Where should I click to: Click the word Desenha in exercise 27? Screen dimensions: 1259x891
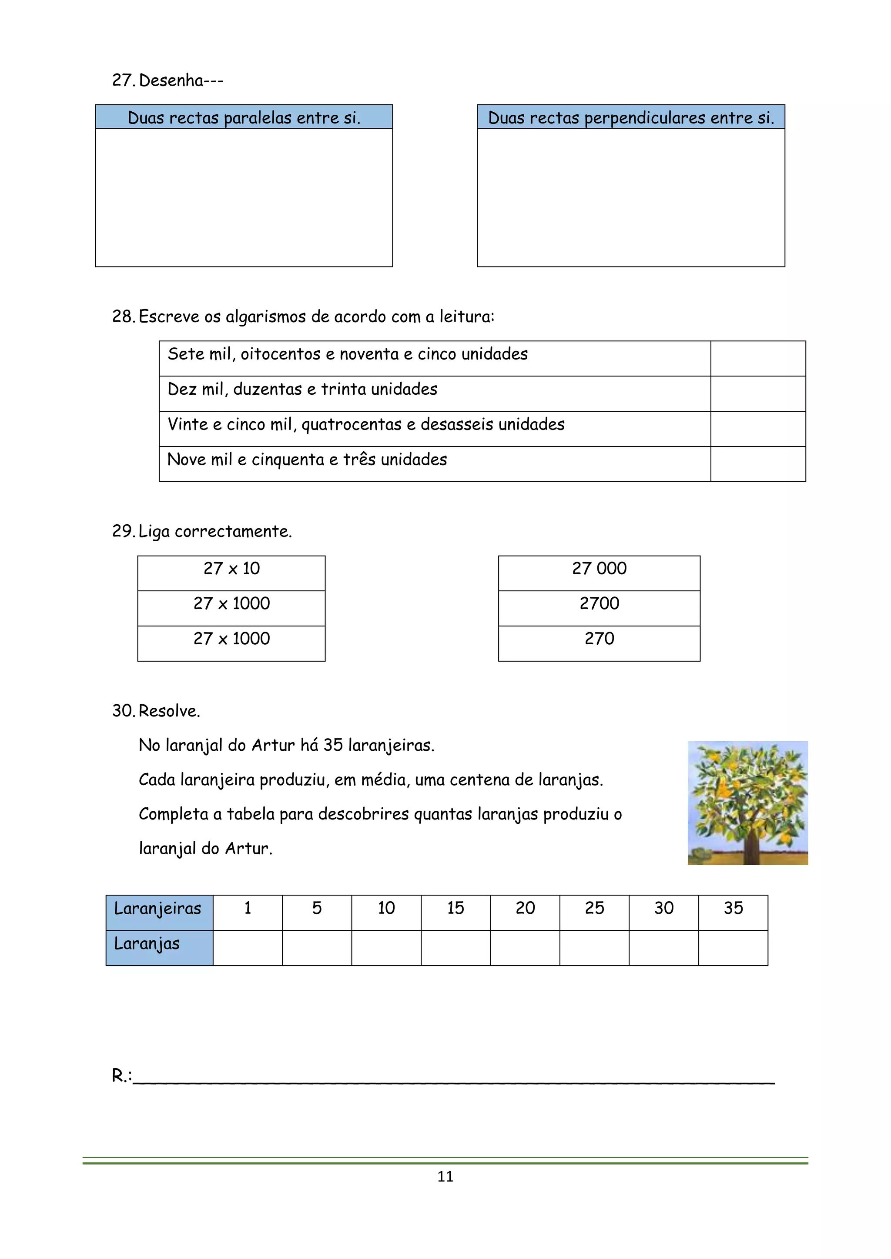[171, 80]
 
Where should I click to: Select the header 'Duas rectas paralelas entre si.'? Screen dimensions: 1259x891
[244, 117]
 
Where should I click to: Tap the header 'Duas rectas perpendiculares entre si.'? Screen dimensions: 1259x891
[631, 117]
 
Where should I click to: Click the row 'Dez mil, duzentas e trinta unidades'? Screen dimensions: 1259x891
[302, 390]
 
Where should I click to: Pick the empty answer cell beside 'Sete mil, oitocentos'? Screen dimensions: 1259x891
[758, 359]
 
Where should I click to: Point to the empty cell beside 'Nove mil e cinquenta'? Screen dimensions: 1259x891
[758, 464]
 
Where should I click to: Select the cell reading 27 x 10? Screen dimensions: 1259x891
[231, 569]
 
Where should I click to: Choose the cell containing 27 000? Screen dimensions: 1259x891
[599, 569]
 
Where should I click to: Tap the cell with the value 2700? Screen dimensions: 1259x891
[599, 604]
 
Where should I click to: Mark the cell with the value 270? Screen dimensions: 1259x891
[599, 639]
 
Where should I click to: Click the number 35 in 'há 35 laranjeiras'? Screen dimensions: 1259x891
[333, 745]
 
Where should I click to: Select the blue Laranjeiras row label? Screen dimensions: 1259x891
[158, 909]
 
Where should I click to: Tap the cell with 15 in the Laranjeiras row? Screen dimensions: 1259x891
[456, 908]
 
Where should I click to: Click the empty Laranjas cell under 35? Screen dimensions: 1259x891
[733, 948]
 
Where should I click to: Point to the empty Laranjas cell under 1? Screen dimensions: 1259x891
[248, 948]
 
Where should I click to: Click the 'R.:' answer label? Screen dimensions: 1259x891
[121, 1076]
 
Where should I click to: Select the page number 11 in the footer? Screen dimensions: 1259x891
[445, 1176]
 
